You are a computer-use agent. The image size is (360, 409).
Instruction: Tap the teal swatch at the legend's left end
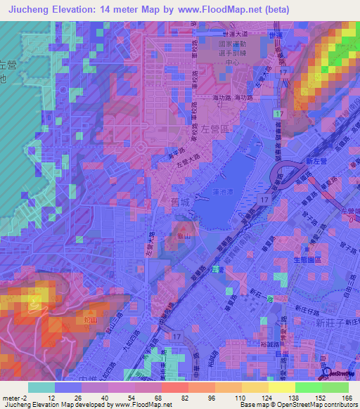pos(41,387)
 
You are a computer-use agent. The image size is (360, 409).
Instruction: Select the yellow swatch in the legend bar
pos(281,387)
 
